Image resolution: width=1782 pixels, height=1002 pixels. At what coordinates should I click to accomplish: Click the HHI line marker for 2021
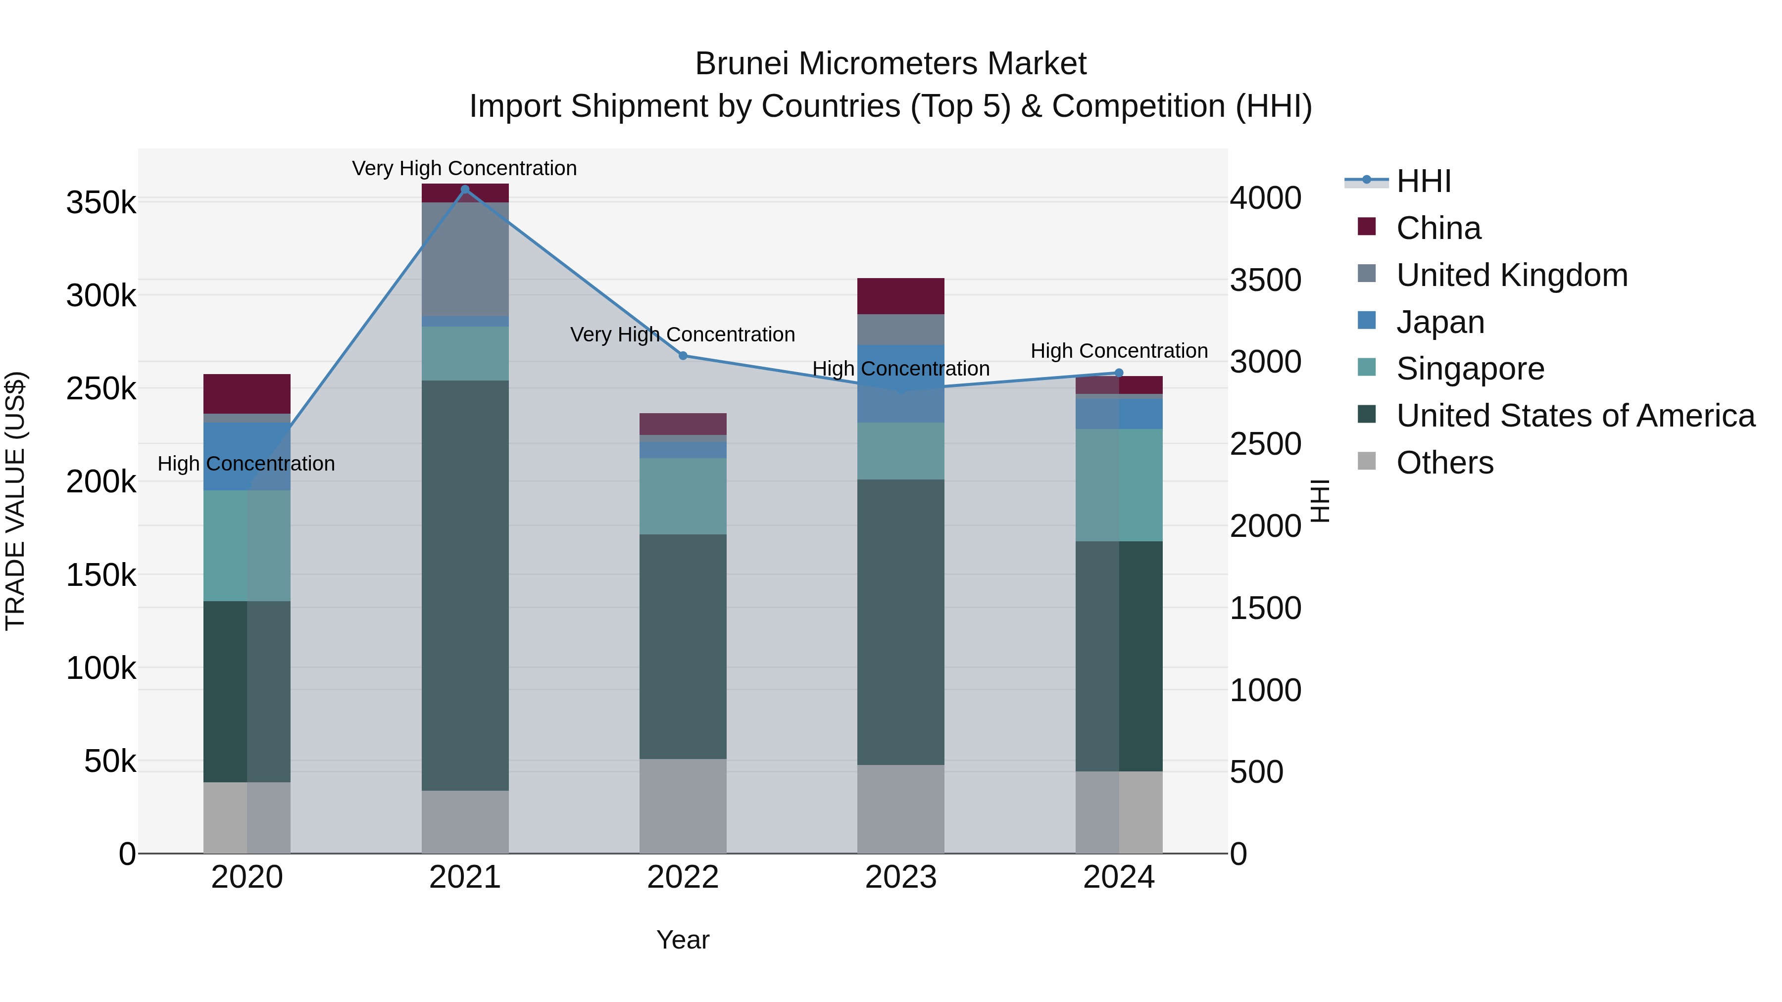465,190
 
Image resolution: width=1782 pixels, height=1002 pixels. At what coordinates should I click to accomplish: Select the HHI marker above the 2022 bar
683,355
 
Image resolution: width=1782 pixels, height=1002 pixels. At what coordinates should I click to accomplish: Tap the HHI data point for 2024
1119,373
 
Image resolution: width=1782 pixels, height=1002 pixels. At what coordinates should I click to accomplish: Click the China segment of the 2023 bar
901,296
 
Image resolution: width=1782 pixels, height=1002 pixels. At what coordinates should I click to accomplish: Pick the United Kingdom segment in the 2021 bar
465,259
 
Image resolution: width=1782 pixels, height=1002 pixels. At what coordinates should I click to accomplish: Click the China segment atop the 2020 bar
247,393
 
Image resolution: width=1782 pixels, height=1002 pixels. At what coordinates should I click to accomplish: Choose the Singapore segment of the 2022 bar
683,496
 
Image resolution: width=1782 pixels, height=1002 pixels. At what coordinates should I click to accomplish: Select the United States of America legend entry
1575,416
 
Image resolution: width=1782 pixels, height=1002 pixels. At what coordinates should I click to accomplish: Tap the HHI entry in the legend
1423,181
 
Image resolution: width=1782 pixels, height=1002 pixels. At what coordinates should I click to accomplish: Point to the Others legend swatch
1366,461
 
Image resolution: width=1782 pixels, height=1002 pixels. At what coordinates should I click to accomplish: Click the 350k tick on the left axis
101,203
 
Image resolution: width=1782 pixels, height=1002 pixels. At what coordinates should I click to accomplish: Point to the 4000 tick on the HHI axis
1265,198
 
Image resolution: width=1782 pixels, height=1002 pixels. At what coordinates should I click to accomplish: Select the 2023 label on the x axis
901,877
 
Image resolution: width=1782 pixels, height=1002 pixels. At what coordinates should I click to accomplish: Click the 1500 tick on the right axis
1265,609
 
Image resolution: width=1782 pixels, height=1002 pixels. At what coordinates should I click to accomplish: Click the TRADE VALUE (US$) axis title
15,501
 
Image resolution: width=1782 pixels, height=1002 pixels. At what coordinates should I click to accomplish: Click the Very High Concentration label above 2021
464,168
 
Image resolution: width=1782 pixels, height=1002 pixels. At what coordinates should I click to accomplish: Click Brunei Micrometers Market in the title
891,64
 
